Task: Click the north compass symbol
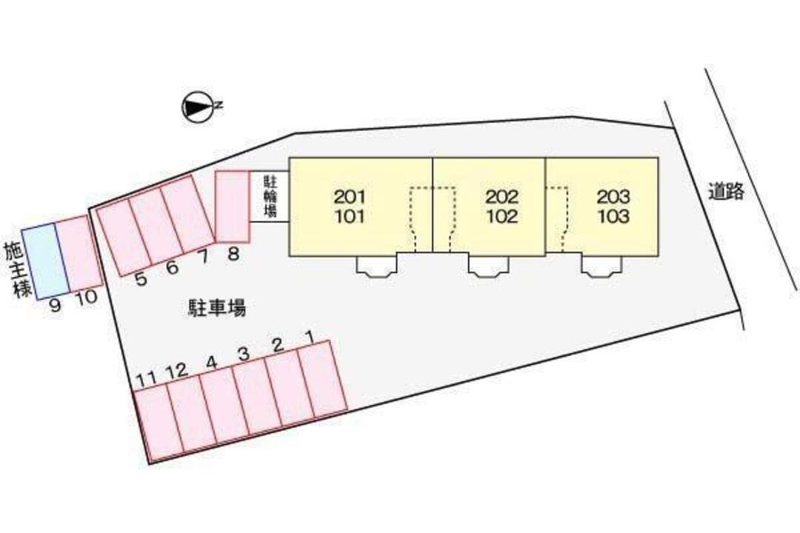pyautogui.click(x=198, y=107)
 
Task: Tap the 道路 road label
pyautogui.click(x=726, y=191)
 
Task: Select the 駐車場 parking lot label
pyautogui.click(x=217, y=308)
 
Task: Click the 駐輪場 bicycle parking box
pyautogui.click(x=270, y=196)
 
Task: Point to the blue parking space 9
pyautogui.click(x=45, y=260)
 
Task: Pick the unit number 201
pyautogui.click(x=350, y=196)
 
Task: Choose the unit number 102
pyautogui.click(x=502, y=216)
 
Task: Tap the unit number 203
pyautogui.click(x=614, y=196)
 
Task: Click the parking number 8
pyautogui.click(x=233, y=253)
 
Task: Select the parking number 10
pyautogui.click(x=86, y=298)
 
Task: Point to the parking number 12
pyautogui.click(x=177, y=371)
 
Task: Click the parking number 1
pyautogui.click(x=309, y=336)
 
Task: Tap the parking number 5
pyautogui.click(x=141, y=279)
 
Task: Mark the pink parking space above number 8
pyautogui.click(x=232, y=207)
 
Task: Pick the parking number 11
pyautogui.click(x=147, y=379)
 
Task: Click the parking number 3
pyautogui.click(x=244, y=354)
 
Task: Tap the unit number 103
pyautogui.click(x=614, y=216)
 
